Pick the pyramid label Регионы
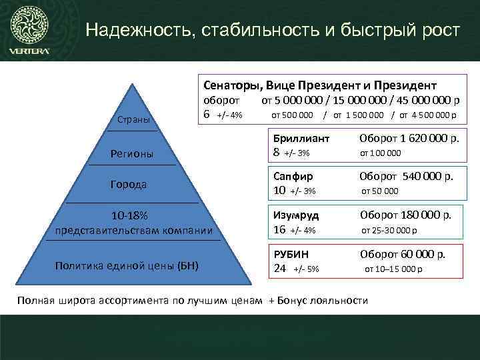pyautogui.click(x=132, y=154)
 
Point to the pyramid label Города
pyautogui.click(x=129, y=183)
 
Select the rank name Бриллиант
pyautogui.click(x=302, y=139)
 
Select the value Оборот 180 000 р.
pyautogui.click(x=405, y=215)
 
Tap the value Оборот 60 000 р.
pyautogui.click(x=403, y=254)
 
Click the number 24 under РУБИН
pyautogui.click(x=281, y=269)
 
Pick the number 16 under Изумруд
pyautogui.click(x=281, y=230)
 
